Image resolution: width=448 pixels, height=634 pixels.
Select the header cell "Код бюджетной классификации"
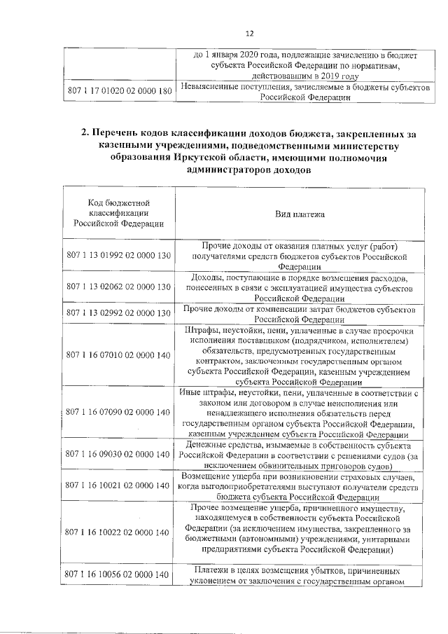(x=119, y=212)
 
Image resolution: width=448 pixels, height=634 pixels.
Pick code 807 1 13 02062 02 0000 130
(x=119, y=287)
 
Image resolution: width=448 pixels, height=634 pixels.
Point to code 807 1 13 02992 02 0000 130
(x=119, y=312)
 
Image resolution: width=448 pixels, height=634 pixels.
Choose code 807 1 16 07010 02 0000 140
(x=119, y=356)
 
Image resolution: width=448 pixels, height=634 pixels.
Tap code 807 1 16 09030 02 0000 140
(x=119, y=454)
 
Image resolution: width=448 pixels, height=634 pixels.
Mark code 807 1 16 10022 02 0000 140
(x=119, y=532)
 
